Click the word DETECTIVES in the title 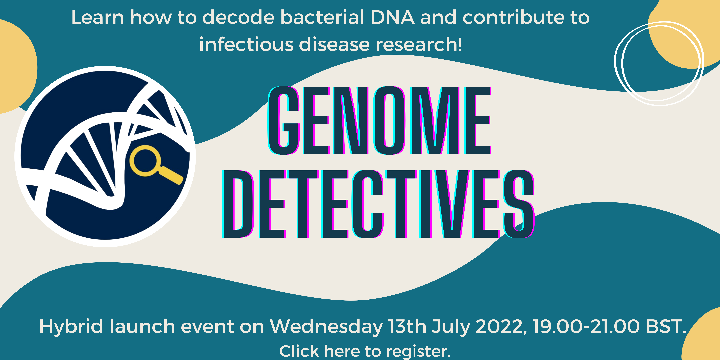click(378, 204)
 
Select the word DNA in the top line click(392, 17)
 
